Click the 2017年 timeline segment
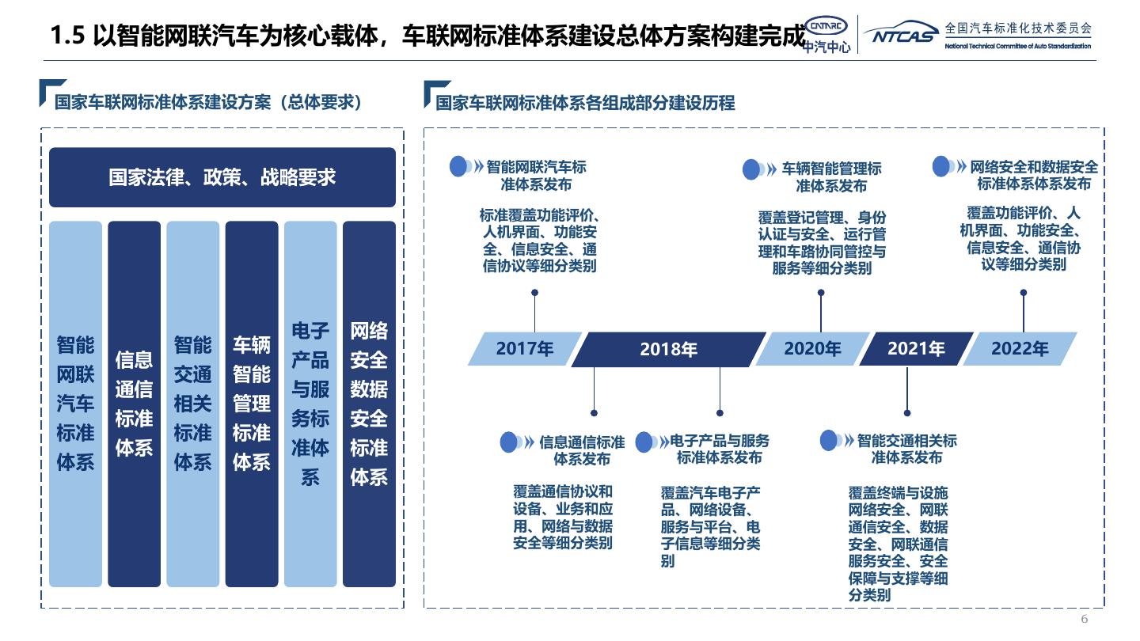(524, 349)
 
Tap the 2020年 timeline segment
(812, 349)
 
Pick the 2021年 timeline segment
(916, 349)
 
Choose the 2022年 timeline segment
(1020, 349)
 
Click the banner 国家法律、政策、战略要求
(222, 177)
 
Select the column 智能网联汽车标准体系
(75, 404)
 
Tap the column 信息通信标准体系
(134, 404)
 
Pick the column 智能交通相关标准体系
(192, 404)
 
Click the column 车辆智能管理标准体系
(252, 404)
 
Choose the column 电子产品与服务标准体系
(310, 404)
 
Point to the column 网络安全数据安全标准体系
(369, 404)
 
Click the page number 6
(1085, 619)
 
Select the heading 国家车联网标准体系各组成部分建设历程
(586, 103)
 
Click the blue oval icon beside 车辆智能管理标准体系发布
(752, 169)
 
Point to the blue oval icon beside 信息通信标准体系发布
(510, 442)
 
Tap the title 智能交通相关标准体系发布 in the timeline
(907, 449)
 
